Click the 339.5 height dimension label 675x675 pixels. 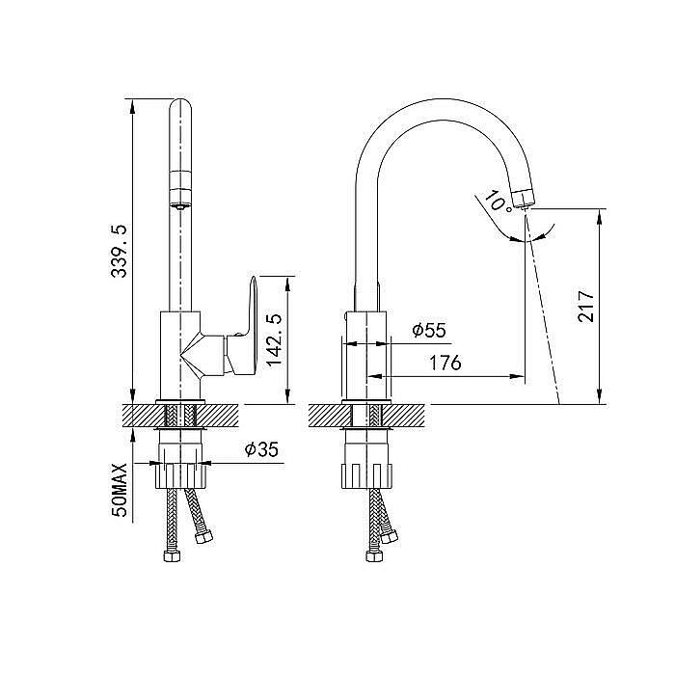119,251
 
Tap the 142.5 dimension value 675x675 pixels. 274,340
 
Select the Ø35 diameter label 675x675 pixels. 261,450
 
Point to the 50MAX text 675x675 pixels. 119,490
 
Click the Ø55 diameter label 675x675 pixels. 429,331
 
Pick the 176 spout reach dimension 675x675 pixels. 445,363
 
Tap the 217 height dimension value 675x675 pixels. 586,306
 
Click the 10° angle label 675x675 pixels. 498,201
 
